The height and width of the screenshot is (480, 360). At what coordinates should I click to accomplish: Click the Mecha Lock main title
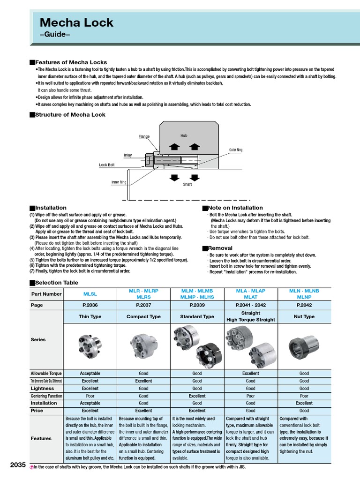(x=76, y=22)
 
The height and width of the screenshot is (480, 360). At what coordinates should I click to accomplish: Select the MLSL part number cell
(x=90, y=294)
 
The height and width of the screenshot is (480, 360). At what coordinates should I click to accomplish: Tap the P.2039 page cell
(x=197, y=305)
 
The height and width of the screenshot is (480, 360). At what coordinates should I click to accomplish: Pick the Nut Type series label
(x=304, y=316)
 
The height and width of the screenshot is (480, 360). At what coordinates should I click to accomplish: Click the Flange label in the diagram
(x=144, y=136)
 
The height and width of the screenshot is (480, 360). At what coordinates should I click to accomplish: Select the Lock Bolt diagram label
(x=106, y=165)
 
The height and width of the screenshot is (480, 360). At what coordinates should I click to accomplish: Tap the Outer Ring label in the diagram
(x=236, y=150)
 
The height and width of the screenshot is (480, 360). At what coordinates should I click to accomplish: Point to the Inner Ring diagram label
(x=119, y=182)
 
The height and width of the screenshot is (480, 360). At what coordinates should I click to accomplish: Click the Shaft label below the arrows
(x=187, y=185)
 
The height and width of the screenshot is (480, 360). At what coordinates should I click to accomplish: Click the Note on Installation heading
(x=235, y=208)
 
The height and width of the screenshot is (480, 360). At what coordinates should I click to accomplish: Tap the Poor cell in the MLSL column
(x=90, y=396)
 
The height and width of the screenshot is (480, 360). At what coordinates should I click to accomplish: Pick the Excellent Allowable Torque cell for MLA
(x=250, y=374)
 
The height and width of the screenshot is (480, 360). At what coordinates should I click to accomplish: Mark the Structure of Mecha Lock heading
(x=70, y=114)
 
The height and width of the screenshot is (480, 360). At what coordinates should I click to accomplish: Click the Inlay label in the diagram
(x=127, y=155)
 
